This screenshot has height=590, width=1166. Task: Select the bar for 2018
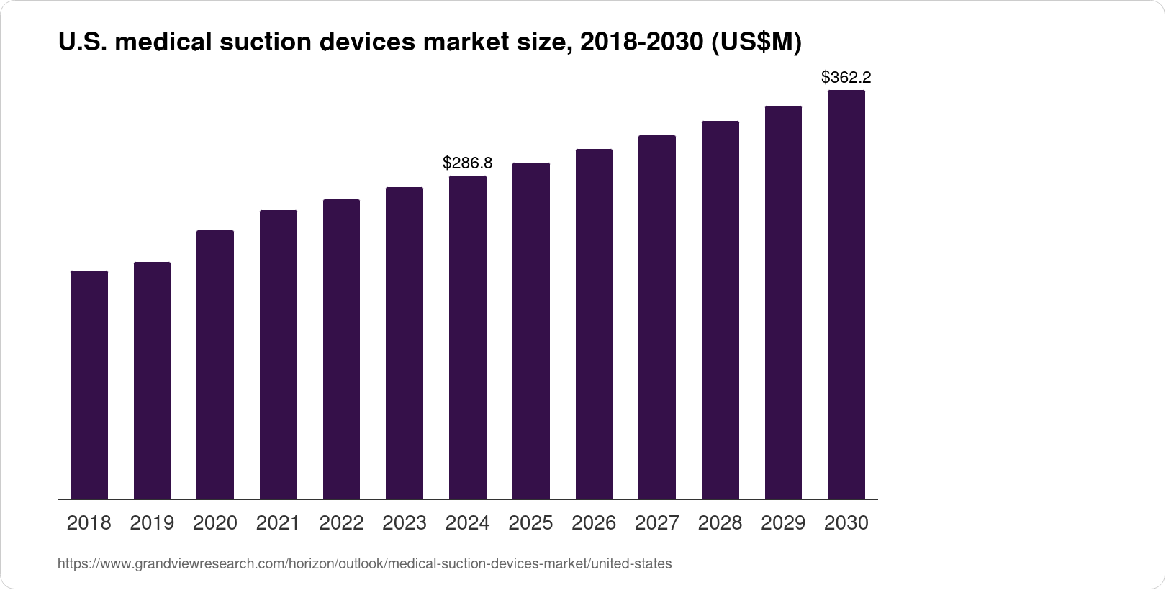tap(89, 385)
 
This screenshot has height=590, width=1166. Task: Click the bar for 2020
tap(215, 365)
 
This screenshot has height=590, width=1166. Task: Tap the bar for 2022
tap(341, 349)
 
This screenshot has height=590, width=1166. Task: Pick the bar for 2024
tap(468, 337)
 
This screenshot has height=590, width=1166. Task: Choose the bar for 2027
tap(657, 317)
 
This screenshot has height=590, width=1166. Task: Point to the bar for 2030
tap(846, 294)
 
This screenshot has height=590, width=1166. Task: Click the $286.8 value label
tap(468, 163)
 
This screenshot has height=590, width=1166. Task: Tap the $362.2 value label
tap(846, 77)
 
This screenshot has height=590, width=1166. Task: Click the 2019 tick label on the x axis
tap(152, 523)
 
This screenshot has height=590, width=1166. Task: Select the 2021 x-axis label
tap(279, 523)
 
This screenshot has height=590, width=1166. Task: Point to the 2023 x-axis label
tap(405, 523)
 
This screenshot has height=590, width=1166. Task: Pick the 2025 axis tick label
tap(530, 523)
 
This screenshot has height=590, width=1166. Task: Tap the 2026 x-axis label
tap(594, 523)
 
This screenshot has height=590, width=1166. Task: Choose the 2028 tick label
tap(720, 523)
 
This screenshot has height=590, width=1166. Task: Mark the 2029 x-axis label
tap(783, 523)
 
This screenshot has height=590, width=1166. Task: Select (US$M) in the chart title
tap(756, 43)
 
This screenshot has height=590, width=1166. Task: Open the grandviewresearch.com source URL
tap(364, 564)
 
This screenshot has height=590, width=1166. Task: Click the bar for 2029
tap(783, 302)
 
